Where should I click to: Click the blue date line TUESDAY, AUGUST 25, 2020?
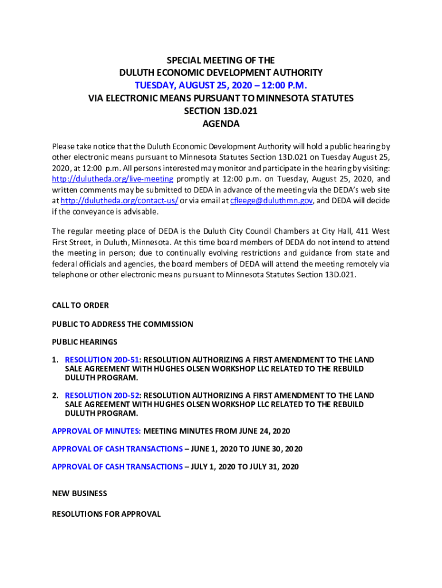pos(220,86)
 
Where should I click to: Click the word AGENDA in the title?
pos(221,123)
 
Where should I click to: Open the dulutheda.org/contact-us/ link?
pos(119,200)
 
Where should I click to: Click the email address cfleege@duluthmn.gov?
pos(271,200)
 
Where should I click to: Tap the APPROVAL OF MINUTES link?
pos(96,431)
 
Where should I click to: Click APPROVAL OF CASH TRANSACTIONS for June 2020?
pos(117,448)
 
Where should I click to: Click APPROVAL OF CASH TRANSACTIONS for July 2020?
pos(117,467)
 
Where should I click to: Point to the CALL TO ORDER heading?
pos(80,305)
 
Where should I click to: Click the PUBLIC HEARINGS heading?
pos(84,342)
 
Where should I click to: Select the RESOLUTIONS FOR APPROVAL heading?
pos(106,514)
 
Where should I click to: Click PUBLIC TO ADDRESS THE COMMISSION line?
pos(122,324)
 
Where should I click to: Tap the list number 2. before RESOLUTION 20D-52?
pos(55,395)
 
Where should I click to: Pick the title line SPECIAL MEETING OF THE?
pos(220,60)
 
